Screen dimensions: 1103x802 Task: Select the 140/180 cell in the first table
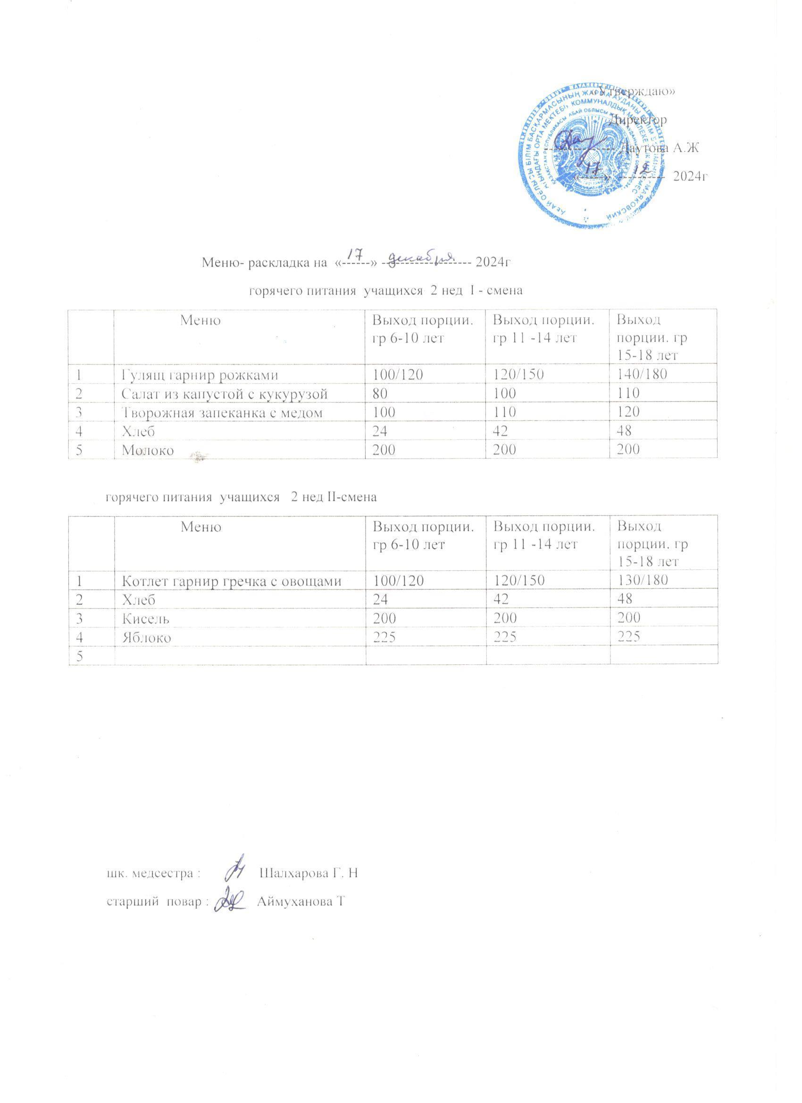click(641, 374)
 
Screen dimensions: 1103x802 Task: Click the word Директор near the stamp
click(638, 120)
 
